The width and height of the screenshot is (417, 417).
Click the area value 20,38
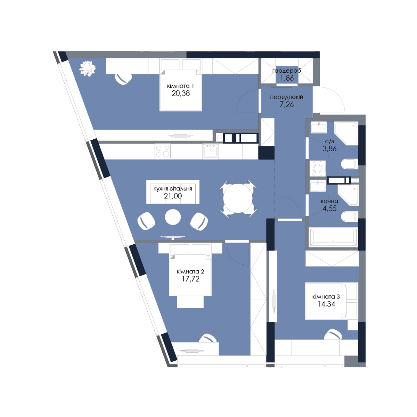coord(180,93)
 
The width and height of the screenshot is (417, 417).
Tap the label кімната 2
coord(190,271)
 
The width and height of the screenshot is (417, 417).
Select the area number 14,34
coord(326,304)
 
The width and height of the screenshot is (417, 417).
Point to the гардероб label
coord(286,71)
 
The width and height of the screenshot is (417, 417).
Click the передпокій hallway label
coord(286,97)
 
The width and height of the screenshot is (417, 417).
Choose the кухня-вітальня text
coord(172,189)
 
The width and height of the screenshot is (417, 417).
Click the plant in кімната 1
coord(88,68)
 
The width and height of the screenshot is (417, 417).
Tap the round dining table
coord(238,198)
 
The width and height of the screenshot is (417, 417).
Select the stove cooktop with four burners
coord(163,151)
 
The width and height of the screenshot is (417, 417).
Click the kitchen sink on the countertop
coord(210,150)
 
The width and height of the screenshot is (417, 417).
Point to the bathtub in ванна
coord(333,237)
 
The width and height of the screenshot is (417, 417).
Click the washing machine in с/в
coord(318,168)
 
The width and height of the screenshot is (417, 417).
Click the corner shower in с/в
coord(346,133)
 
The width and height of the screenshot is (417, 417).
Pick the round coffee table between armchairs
coord(173,217)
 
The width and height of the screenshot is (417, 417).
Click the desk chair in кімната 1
coord(123,79)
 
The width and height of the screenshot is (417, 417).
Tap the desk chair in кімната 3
coord(333,334)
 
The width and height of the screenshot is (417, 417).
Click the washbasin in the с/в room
coord(319,127)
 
